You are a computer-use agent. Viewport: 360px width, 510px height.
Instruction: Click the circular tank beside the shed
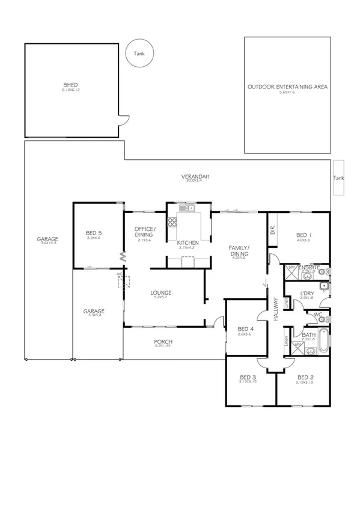pos(139,52)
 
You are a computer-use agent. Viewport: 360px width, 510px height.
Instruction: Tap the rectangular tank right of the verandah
pos(339,177)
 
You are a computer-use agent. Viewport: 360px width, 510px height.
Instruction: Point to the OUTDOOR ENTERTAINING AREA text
pos(287,87)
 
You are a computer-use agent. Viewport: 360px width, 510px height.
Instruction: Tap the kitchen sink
pos(186,209)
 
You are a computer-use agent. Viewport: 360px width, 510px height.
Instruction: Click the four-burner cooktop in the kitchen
pos(172,222)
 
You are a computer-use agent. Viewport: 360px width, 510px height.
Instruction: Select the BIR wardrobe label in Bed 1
pos(273,230)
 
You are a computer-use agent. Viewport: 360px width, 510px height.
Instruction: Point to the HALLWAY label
pos(275,307)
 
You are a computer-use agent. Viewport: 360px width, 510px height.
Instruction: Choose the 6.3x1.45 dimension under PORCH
pos(163,346)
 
